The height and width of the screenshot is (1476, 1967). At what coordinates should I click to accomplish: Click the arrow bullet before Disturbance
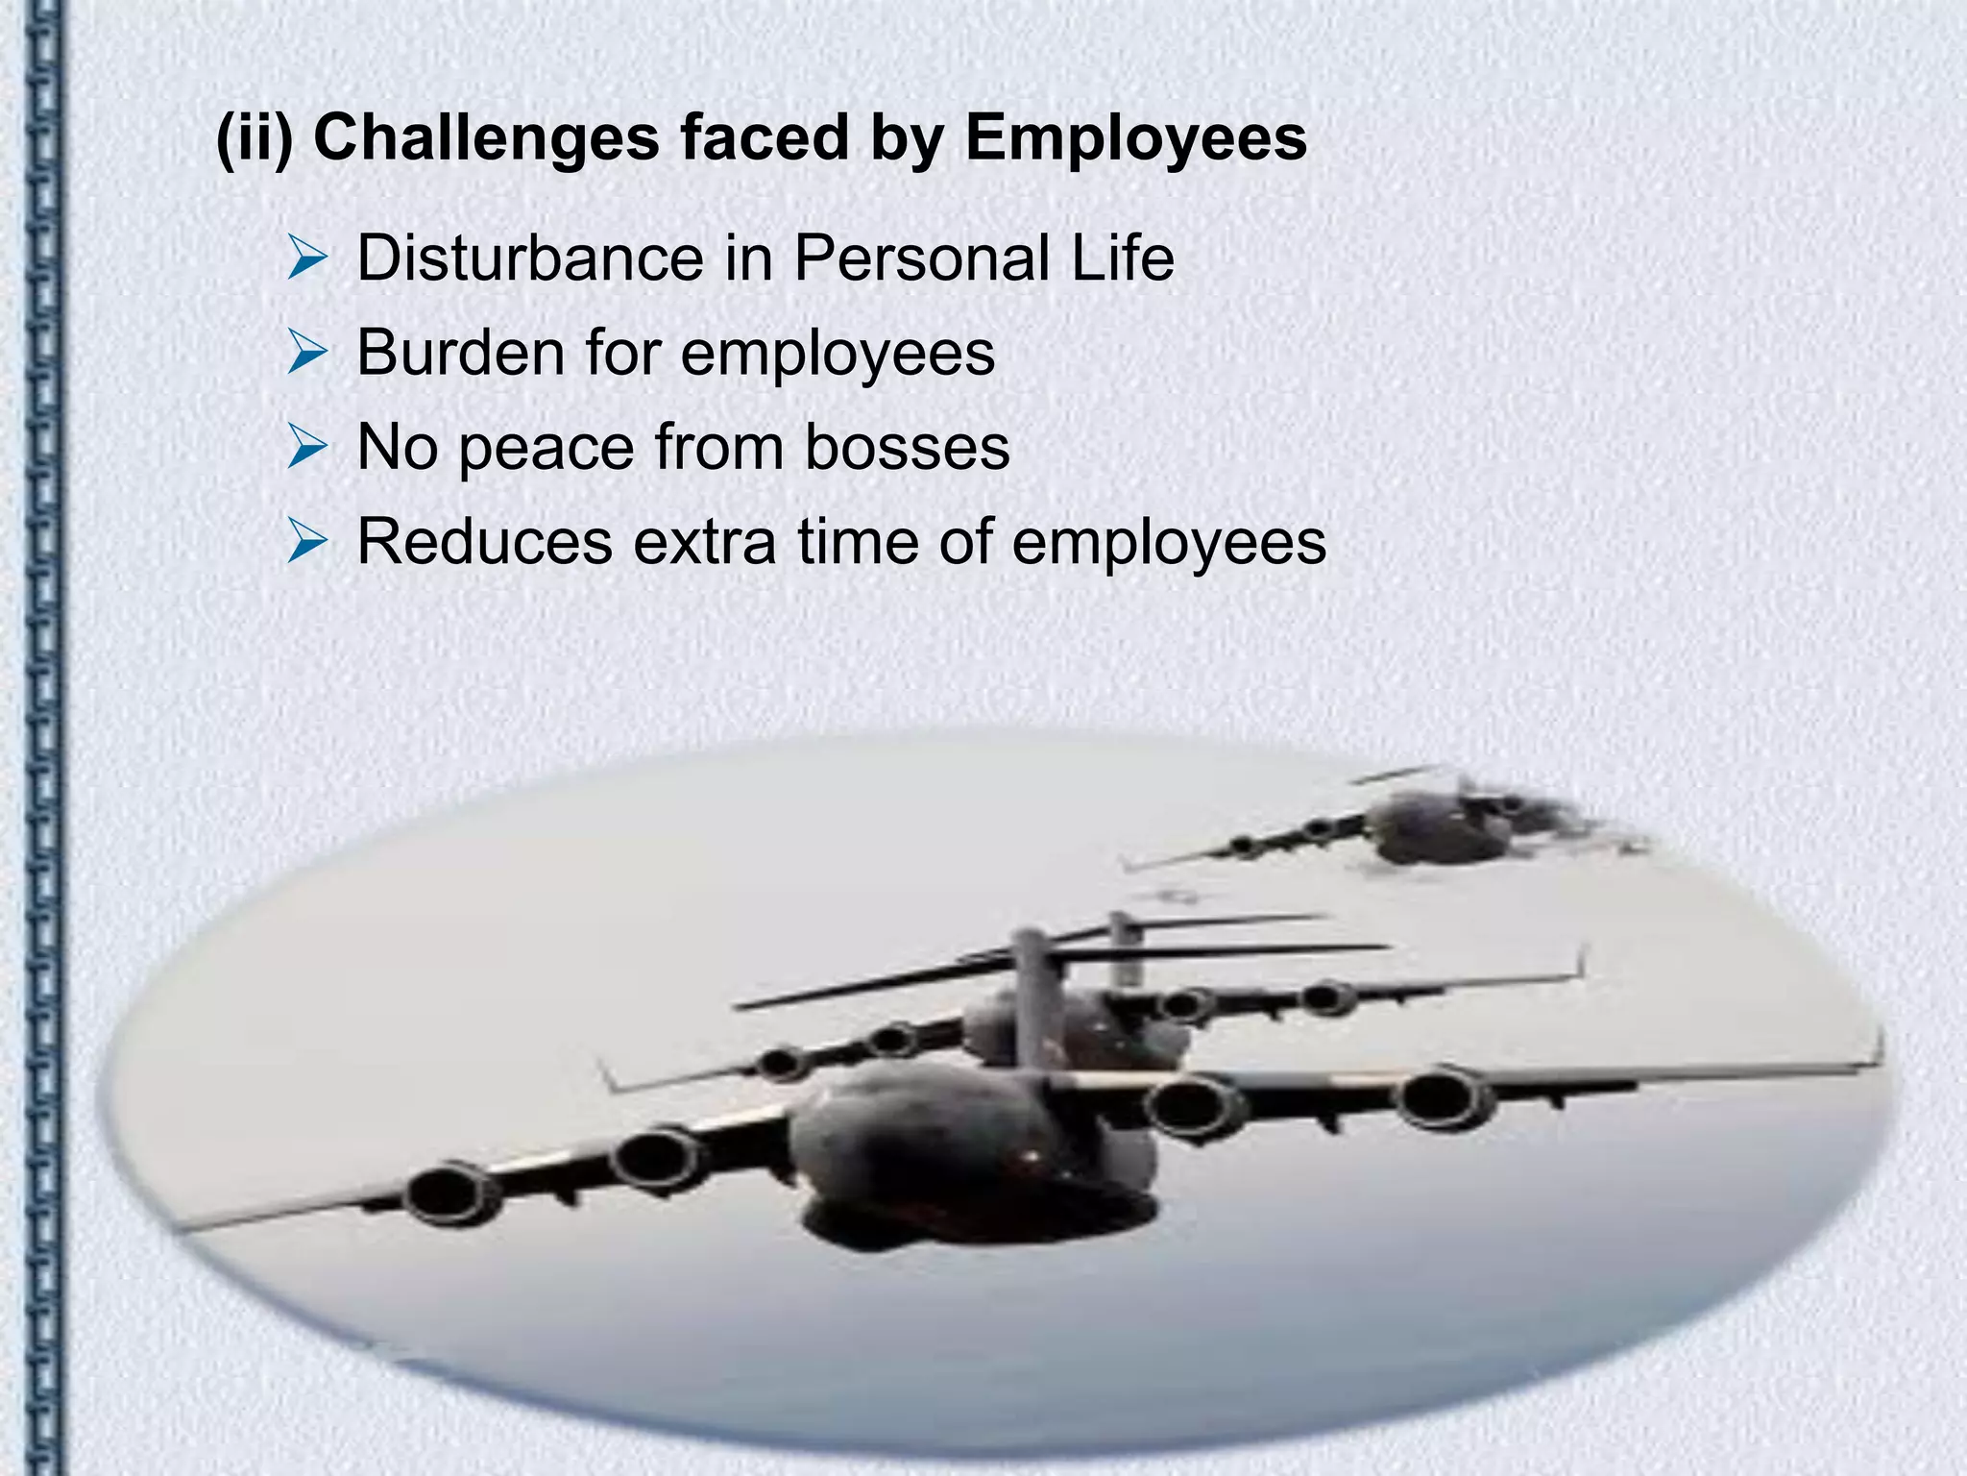(x=308, y=260)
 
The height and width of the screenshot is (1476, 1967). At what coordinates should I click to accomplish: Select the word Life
(x=1123, y=258)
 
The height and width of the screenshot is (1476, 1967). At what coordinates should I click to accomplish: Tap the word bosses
(x=907, y=447)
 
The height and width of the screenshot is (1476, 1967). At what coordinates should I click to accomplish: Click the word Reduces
(x=484, y=542)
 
